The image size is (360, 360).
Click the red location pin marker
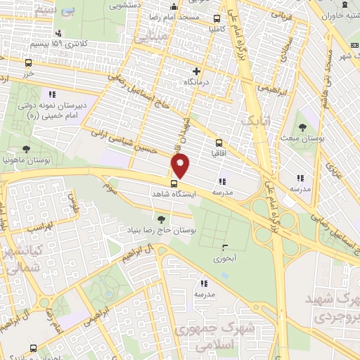pos(181,166)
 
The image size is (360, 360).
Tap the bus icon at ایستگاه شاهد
pos(174,184)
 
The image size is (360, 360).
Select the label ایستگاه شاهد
pos(176,193)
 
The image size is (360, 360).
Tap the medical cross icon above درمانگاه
pos(196,71)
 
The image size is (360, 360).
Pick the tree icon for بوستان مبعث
pos(302,127)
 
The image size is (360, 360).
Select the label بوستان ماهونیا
pos(26,160)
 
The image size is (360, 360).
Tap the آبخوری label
pos(225,258)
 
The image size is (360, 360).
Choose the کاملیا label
pos(212,30)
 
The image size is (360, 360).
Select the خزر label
pos(27,73)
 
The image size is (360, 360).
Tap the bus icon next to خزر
pos(27,63)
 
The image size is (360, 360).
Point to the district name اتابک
pos(255,121)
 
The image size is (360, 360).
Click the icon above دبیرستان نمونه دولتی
pos(51,94)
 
